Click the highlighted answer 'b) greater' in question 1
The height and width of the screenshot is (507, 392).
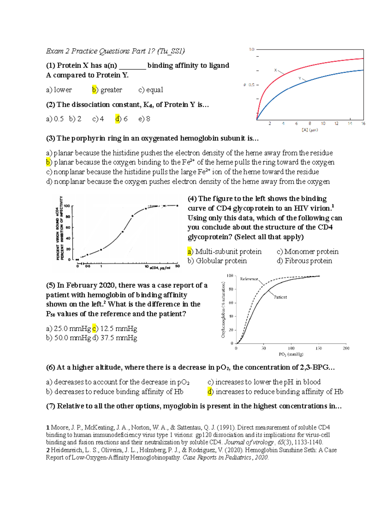(x=107, y=90)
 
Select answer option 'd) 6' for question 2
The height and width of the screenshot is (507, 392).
(x=122, y=119)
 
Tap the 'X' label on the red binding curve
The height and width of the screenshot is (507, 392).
(x=275, y=70)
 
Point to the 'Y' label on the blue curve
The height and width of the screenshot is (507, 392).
(x=300, y=78)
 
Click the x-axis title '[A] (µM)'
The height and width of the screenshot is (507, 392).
(x=309, y=130)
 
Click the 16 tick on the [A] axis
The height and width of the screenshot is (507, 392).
(x=363, y=123)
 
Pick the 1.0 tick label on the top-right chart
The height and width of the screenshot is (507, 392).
(x=252, y=50)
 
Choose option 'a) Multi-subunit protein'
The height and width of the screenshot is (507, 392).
(x=224, y=251)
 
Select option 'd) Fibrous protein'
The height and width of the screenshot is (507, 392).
(x=304, y=261)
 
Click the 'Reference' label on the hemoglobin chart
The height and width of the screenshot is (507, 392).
(x=249, y=279)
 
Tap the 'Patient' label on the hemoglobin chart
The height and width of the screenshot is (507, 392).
(x=280, y=297)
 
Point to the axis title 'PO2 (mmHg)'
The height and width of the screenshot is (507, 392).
(x=291, y=354)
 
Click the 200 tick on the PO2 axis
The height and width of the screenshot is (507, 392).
(x=346, y=348)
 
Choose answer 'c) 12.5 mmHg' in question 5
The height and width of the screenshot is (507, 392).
(x=115, y=328)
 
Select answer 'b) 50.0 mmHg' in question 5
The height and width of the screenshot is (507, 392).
(x=68, y=338)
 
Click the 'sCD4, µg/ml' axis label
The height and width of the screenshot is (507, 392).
(x=160, y=268)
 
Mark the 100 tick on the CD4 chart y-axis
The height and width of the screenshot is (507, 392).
(x=67, y=206)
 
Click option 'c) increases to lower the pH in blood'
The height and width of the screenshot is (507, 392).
(x=264, y=382)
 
